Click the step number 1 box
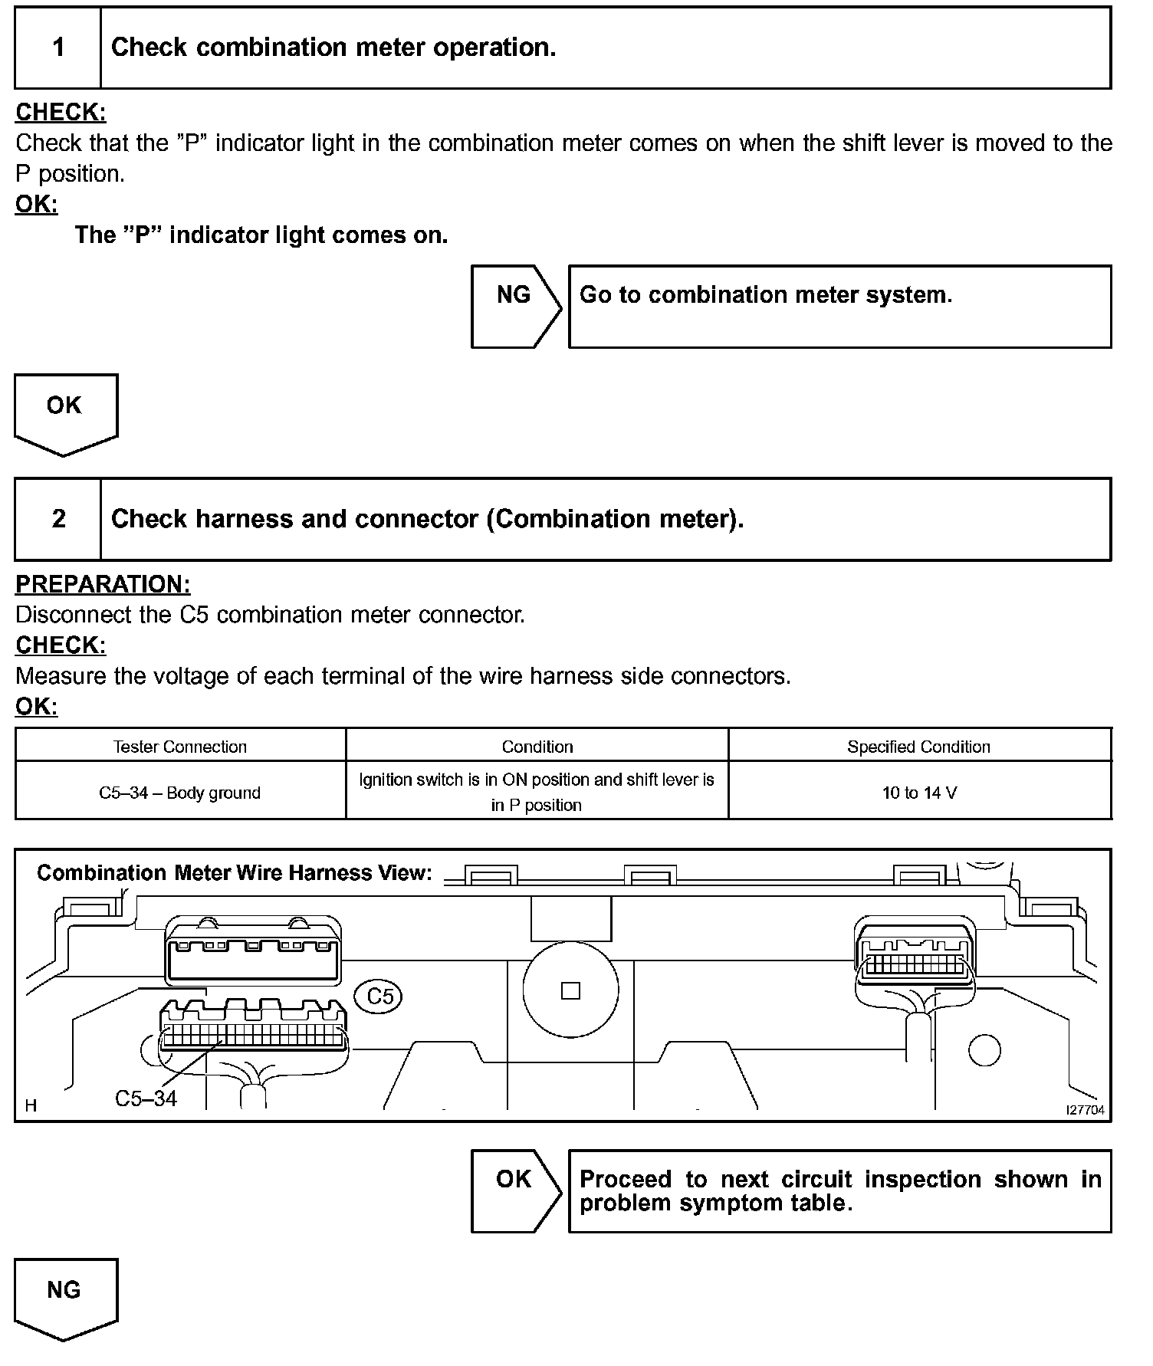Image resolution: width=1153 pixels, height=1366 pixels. point(58,48)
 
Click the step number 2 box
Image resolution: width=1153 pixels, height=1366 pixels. point(58,519)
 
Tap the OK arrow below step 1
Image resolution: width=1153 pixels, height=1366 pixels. point(65,412)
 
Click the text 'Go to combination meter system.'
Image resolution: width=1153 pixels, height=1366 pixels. point(765,295)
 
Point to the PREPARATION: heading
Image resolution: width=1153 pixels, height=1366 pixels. point(103,584)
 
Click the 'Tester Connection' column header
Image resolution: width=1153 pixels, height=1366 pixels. point(180,747)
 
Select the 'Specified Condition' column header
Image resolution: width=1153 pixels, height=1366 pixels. point(918,747)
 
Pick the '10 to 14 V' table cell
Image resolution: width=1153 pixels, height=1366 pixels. point(919,793)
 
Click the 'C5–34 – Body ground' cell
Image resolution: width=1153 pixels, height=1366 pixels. point(180,793)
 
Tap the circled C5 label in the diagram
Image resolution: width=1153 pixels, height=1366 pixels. point(379,996)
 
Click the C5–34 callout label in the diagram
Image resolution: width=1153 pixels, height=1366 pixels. point(146,1098)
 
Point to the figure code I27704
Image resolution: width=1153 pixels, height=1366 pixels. point(1086,1110)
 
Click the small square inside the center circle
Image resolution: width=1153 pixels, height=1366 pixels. point(570,990)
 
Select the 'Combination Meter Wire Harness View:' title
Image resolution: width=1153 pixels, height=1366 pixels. point(235,873)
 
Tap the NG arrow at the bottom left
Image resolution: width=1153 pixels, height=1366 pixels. point(65,1297)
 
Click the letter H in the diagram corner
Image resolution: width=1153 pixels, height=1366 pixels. point(31,1105)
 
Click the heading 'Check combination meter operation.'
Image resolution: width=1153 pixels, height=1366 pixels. point(333,48)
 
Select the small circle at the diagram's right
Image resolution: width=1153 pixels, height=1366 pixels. point(984,1050)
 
